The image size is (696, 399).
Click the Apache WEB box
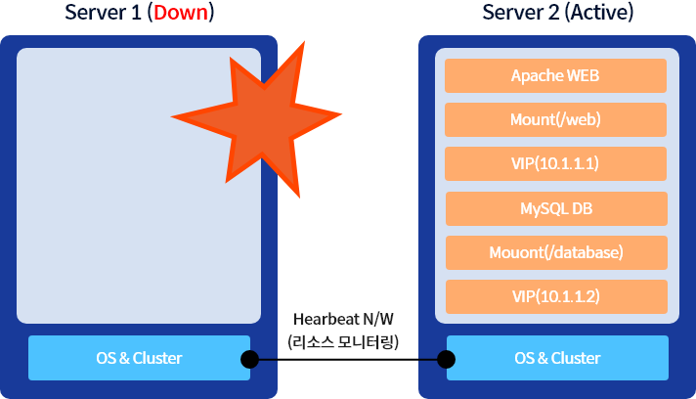pos(555,75)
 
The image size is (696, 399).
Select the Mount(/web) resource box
pos(555,119)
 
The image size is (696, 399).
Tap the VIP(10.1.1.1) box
pos(555,163)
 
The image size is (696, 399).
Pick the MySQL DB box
pos(555,208)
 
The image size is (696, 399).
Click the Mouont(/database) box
pos(555,252)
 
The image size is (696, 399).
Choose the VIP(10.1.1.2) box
pos(555,296)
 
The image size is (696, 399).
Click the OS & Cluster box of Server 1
pos(138,358)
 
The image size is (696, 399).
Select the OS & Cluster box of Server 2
pos(557,358)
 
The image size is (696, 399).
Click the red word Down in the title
pos(183,13)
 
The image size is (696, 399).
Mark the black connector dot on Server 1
pos(249,360)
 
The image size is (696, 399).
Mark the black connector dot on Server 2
pos(446,360)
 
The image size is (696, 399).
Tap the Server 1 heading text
pos(104,13)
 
